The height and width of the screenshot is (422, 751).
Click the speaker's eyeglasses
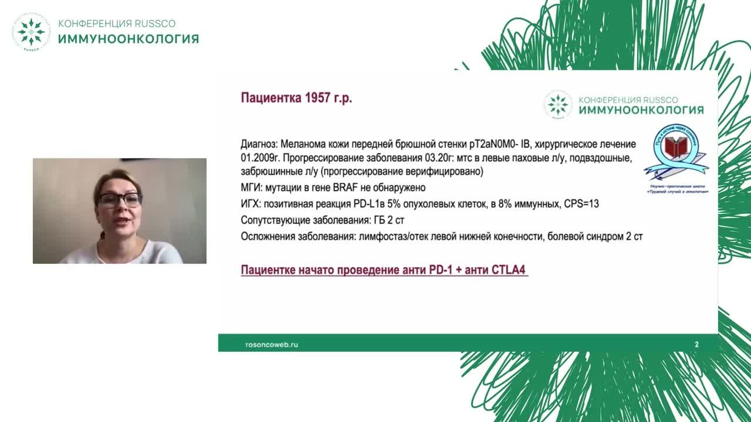pos(119,200)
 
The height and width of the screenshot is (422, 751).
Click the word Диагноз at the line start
pos(259,144)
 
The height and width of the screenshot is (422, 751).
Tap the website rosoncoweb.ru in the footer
pos(271,345)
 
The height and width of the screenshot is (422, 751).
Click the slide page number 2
pos(696,345)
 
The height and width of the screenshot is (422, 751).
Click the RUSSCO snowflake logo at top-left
pos(31,32)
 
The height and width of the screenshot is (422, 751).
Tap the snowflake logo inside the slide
pos(557,105)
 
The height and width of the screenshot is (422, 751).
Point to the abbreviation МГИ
pos(251,188)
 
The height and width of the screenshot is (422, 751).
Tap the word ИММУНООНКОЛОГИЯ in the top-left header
pos(128,39)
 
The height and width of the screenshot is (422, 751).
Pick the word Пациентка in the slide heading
pos(269,98)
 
